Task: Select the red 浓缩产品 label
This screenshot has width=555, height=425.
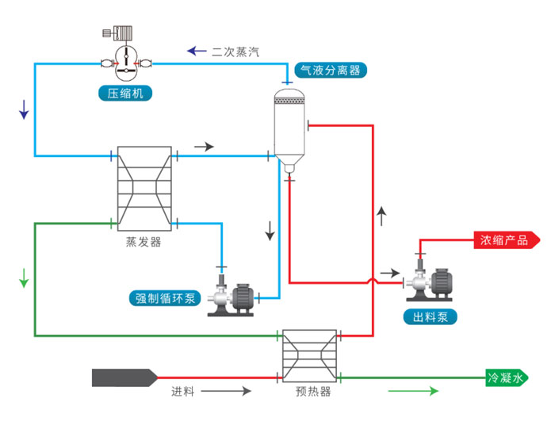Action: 503,239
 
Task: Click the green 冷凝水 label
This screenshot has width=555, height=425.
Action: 505,379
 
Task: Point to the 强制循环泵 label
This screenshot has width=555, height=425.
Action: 164,298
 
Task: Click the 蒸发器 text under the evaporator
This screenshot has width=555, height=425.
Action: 144,242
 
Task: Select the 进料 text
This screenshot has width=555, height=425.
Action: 183,392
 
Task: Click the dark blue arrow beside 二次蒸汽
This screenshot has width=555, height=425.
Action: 196,52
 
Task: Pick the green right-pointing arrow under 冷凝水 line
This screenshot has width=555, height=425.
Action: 412,392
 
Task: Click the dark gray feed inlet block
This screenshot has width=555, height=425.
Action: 123,377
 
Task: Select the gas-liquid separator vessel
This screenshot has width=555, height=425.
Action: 289,127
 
